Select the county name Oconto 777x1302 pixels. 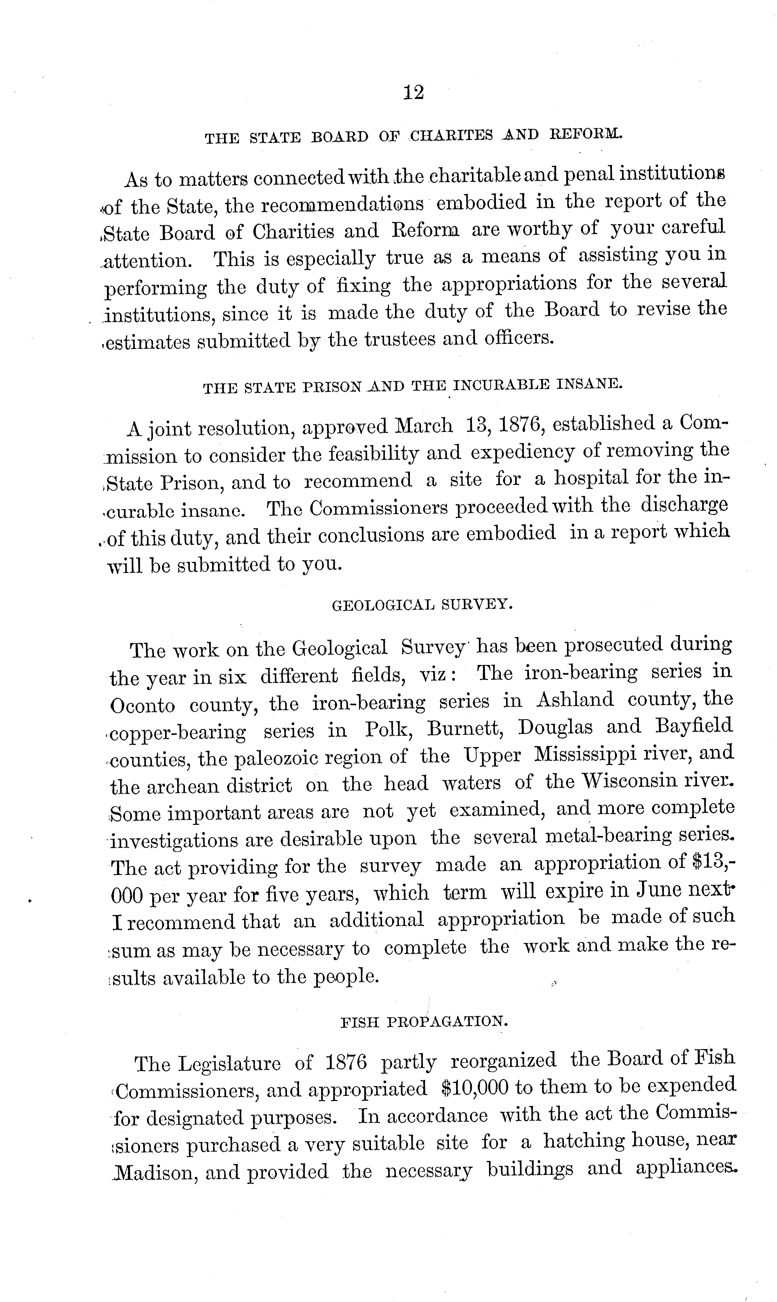tap(142, 706)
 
